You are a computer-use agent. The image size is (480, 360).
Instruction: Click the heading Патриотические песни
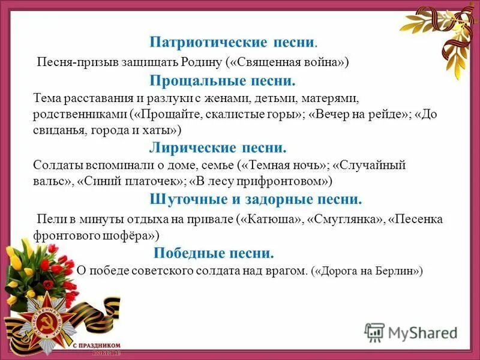click(x=233, y=43)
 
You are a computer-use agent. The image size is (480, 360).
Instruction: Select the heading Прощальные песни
click(x=222, y=80)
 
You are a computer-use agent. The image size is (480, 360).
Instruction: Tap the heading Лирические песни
click(x=218, y=148)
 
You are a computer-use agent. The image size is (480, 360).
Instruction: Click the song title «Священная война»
click(x=287, y=62)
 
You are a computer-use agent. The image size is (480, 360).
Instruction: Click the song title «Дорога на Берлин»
click(x=367, y=271)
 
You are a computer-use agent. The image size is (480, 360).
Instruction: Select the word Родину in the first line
click(x=203, y=62)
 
